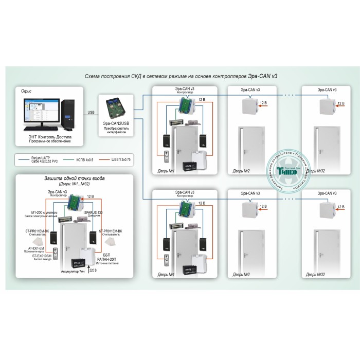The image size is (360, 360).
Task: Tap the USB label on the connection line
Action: [x=91, y=112]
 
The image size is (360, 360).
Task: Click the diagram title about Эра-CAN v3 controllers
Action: [x=181, y=76]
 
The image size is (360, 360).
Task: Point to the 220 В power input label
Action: [x=93, y=270]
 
